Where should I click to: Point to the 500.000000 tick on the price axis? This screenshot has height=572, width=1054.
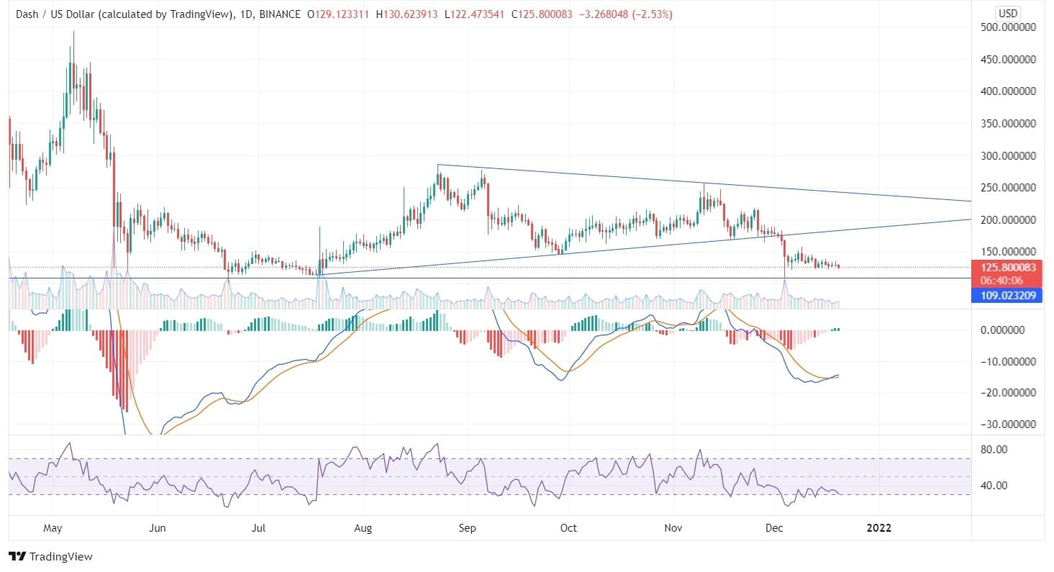(x=1007, y=27)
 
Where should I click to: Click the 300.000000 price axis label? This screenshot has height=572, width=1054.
(x=1007, y=155)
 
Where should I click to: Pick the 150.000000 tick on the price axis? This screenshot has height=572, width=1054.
(x=1007, y=251)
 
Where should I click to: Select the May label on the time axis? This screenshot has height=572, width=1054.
(x=53, y=528)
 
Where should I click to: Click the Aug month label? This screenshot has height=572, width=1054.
(x=363, y=528)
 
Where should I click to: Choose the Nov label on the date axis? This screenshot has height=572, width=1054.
(x=673, y=528)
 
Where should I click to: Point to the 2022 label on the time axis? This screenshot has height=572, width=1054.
(x=878, y=528)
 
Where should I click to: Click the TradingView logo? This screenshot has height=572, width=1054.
(x=50, y=556)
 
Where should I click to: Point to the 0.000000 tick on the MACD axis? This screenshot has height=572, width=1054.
(x=1007, y=330)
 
